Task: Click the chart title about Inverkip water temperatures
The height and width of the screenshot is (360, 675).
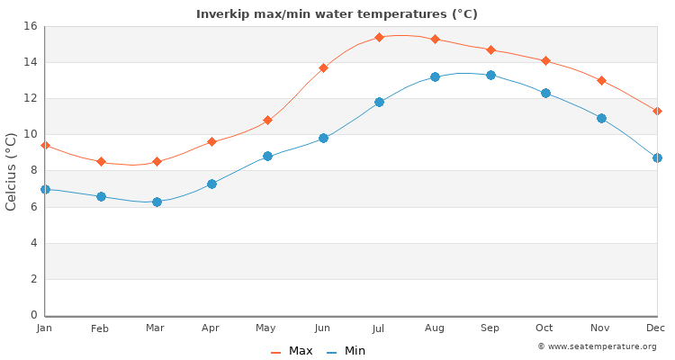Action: pyautogui.click(x=337, y=14)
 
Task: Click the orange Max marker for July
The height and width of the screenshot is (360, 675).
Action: pyautogui.click(x=379, y=37)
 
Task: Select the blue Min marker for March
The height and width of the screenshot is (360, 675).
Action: pyautogui.click(x=157, y=202)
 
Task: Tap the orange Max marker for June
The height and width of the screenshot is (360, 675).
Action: pyautogui.click(x=323, y=67)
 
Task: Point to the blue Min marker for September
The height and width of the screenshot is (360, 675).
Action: pyautogui.click(x=490, y=75)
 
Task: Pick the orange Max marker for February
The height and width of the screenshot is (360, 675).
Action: pyautogui.click(x=101, y=161)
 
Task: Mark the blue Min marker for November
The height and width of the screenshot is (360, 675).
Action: pyautogui.click(x=601, y=118)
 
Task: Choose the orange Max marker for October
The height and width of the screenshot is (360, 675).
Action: pyautogui.click(x=545, y=60)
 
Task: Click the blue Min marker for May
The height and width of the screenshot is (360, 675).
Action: pyautogui.click(x=267, y=156)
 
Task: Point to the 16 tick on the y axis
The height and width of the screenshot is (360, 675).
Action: pyautogui.click(x=30, y=26)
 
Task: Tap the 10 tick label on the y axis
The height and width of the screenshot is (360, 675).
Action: pyautogui.click(x=30, y=134)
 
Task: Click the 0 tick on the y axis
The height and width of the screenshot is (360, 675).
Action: pyautogui.click(x=33, y=315)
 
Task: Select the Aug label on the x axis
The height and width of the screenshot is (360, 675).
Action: pyautogui.click(x=435, y=328)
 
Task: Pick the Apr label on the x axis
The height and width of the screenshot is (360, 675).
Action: pyautogui.click(x=211, y=328)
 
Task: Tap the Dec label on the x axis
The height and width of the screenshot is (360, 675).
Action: pyautogui.click(x=656, y=328)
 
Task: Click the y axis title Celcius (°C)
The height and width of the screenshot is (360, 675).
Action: pyautogui.click(x=12, y=171)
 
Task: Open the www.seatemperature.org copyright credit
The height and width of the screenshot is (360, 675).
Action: pyautogui.click(x=597, y=346)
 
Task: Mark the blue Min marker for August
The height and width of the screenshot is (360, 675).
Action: pyautogui.click(x=435, y=76)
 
